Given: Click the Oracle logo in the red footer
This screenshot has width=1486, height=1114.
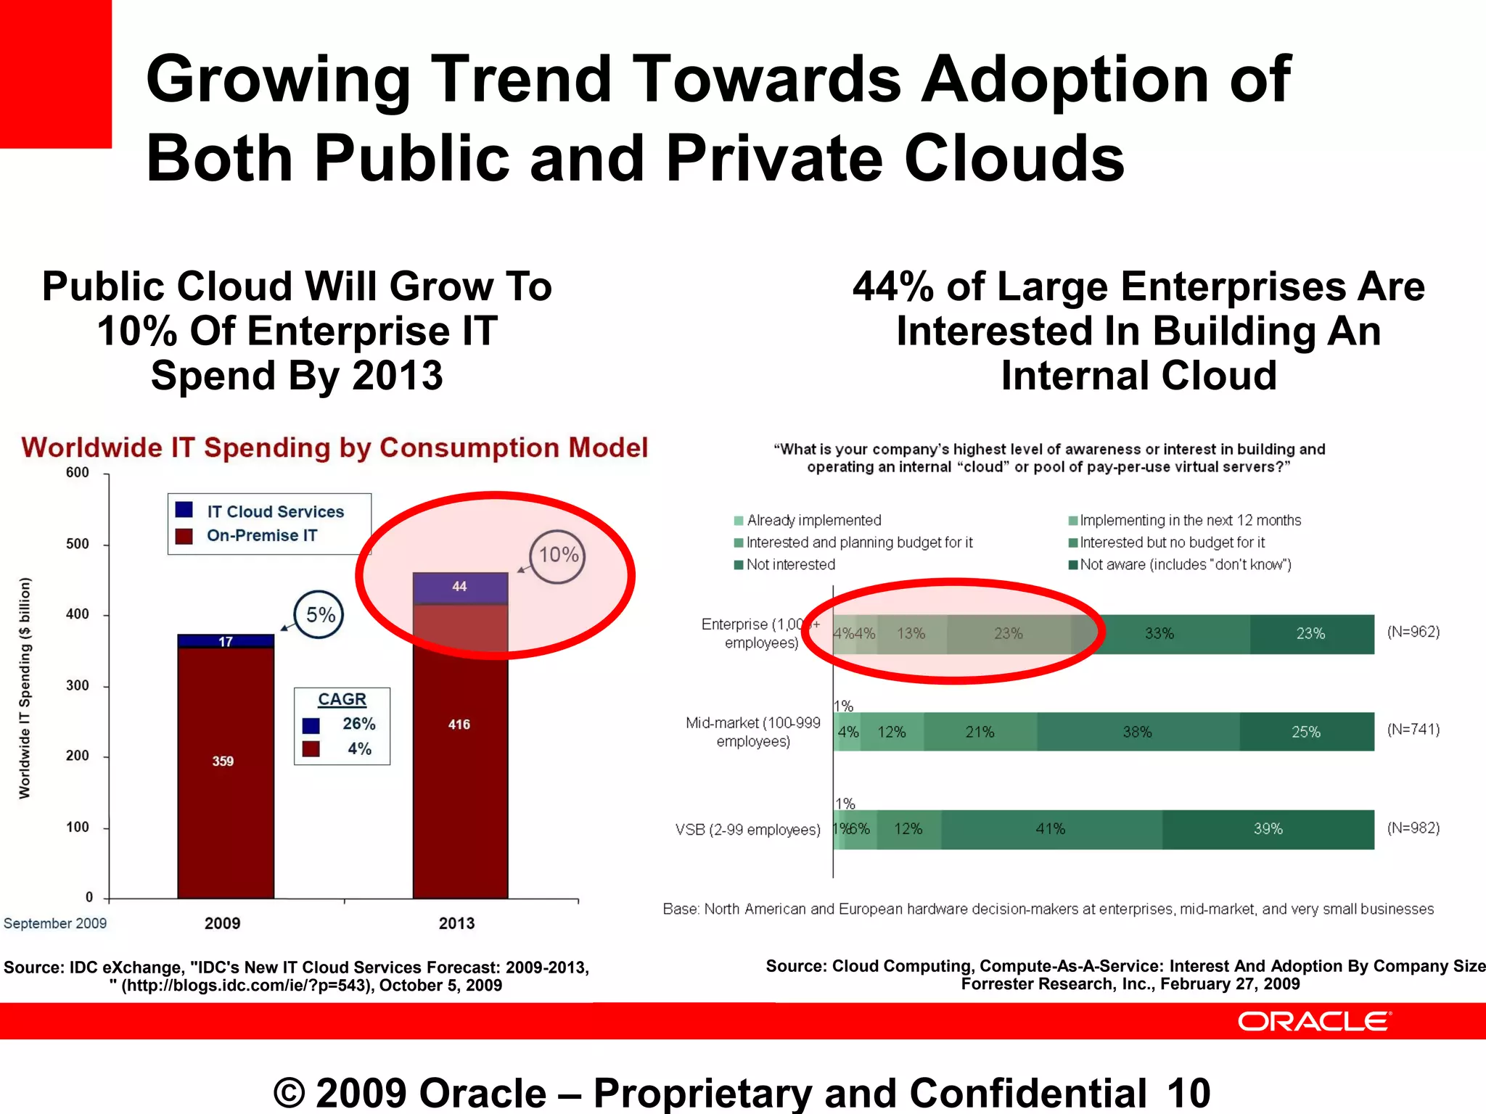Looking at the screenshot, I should click(1313, 1021).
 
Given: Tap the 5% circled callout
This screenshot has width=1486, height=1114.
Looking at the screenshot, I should click(320, 615).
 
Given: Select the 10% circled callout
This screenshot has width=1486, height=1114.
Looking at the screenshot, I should click(557, 556).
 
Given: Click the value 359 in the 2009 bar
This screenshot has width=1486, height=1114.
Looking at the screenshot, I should click(223, 761).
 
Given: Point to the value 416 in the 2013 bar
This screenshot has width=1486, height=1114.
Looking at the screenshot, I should click(459, 725).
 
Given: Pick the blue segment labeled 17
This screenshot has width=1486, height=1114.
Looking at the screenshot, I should click(226, 641).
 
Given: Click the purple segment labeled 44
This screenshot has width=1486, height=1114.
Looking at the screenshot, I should click(460, 587).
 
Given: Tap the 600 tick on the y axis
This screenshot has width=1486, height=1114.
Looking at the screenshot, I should click(78, 473).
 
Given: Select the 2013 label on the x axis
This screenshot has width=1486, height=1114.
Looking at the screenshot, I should click(456, 923).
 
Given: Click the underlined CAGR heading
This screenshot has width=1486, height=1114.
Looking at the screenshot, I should click(342, 699).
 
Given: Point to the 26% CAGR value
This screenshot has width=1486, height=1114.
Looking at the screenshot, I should click(358, 724).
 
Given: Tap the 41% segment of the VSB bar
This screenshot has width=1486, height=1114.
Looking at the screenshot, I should click(1050, 829).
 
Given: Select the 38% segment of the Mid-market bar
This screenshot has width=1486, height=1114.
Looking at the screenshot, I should click(1137, 732).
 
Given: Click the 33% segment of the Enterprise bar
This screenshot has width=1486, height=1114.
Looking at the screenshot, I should click(1159, 633).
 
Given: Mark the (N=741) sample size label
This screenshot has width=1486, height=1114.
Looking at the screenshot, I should click(1413, 730).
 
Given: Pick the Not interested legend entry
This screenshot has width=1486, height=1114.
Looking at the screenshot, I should click(790, 564).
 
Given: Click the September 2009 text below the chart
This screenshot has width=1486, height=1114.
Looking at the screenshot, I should click(55, 923).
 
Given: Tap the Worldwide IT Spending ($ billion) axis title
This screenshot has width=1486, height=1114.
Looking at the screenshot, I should click(25, 688).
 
